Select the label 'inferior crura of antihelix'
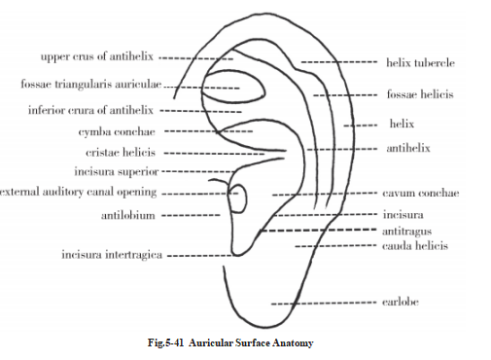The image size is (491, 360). pos(88,108)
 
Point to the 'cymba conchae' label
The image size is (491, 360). pos(116,130)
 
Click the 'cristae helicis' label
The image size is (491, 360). pos(121,153)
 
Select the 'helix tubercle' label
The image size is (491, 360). pos(421,62)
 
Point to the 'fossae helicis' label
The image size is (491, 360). pos(419,94)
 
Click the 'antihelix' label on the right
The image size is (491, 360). pos(408,148)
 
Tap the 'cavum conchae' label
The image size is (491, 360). pos(421,193)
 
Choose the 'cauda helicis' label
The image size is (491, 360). pos(415,246)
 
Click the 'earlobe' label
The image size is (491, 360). pos(406,303)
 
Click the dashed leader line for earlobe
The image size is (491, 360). pos(321,303)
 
